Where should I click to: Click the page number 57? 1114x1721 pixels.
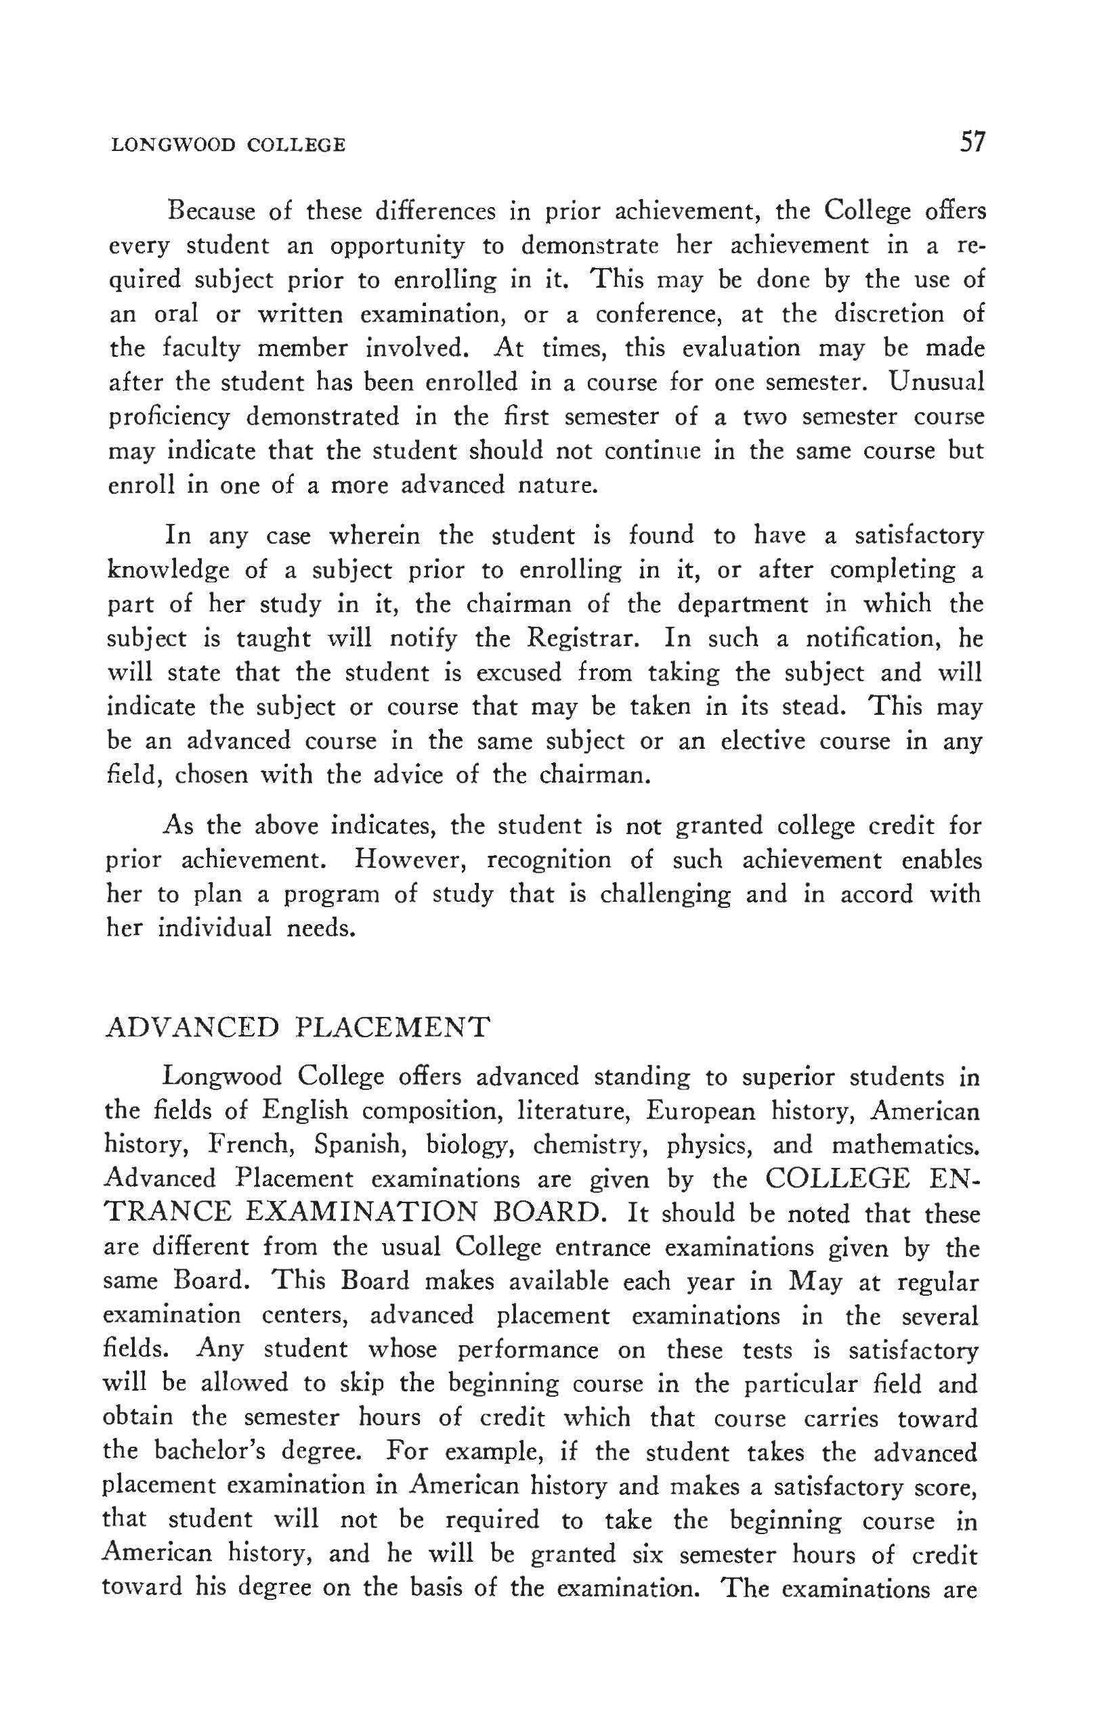[972, 141]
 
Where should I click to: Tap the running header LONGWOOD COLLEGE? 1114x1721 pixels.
[228, 146]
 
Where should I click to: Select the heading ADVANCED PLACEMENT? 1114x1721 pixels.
[297, 1027]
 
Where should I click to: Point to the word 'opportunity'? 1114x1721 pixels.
[397, 246]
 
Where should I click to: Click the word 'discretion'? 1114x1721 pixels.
[890, 314]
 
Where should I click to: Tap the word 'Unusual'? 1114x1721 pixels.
[937, 381]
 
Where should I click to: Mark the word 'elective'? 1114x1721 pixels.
[763, 741]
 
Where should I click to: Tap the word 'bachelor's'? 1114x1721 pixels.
[244, 1452]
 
